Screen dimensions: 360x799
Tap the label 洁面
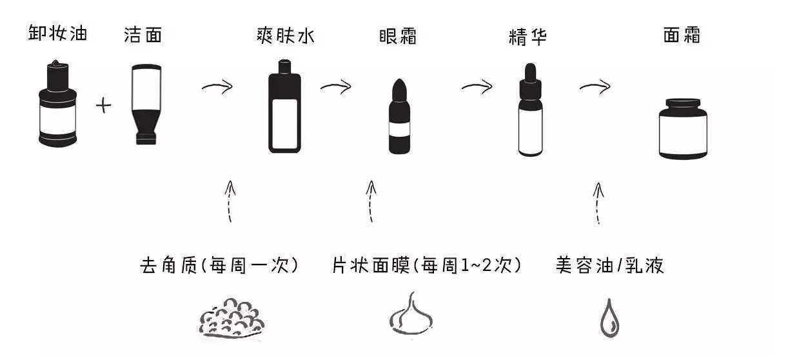point(143,35)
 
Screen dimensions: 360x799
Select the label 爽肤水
point(285,35)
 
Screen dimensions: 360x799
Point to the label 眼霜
point(397,36)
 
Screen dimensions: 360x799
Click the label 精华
point(528,37)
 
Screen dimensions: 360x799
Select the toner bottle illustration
point(284,106)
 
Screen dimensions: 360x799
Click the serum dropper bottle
point(530,110)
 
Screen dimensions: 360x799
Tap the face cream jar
point(682,128)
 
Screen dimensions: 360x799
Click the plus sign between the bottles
point(103,105)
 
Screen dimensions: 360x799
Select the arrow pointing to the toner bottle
point(217,87)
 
